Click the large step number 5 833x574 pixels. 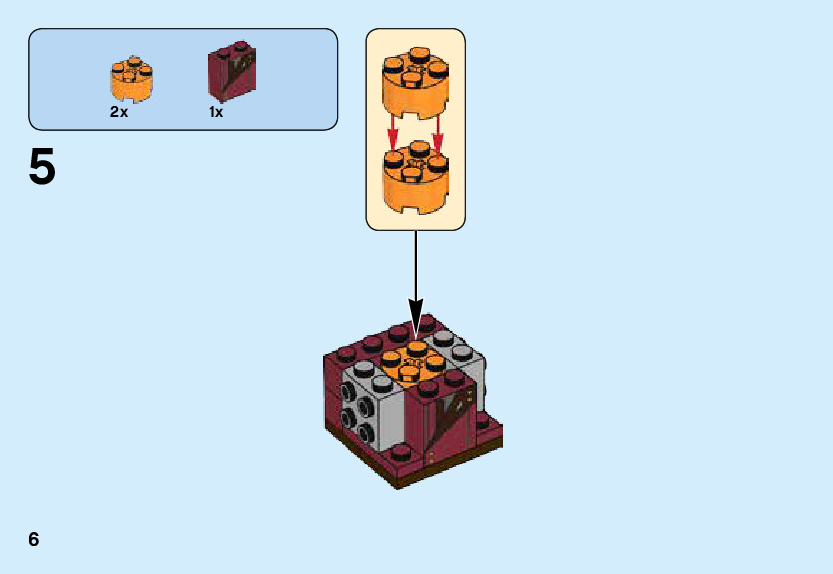pos(42,167)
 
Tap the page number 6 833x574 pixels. pos(34,539)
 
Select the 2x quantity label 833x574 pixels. pos(119,112)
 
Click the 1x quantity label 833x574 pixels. pos(216,112)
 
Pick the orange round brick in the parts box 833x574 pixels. pos(131,80)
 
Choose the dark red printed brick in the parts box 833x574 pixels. pos(232,72)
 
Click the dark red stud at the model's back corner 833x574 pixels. pos(427,322)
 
